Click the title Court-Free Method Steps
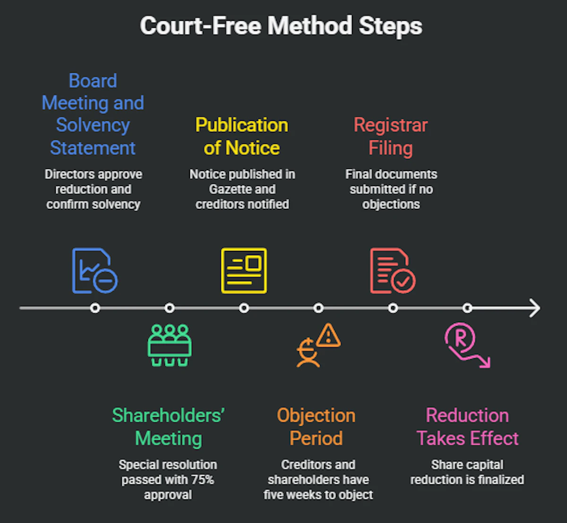(x=281, y=26)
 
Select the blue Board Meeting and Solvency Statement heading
(x=93, y=114)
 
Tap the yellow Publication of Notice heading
(x=241, y=137)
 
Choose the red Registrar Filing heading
(x=390, y=137)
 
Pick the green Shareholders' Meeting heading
(x=168, y=427)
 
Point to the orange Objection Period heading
(x=316, y=427)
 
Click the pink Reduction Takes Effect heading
(x=467, y=427)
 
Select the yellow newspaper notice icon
(x=244, y=271)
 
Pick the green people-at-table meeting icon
(x=169, y=345)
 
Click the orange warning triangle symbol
(x=328, y=335)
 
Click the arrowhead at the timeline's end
(x=534, y=308)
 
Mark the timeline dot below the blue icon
(x=95, y=308)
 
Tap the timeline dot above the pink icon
(x=467, y=308)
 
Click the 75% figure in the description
(x=203, y=480)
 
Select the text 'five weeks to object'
(x=318, y=495)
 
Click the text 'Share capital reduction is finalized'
(x=467, y=472)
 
